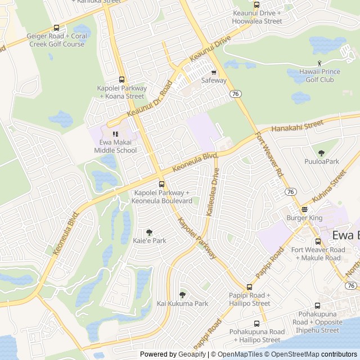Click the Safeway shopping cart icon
tap(214, 72)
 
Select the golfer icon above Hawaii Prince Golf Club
tap(319, 63)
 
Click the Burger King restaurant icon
tap(304, 209)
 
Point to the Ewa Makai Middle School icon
tap(115, 134)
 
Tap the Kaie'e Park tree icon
tap(149, 232)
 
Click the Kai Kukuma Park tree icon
tap(182, 295)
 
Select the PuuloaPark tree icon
tap(321, 153)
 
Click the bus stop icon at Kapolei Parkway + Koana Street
tap(121, 80)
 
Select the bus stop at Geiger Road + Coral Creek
tap(56, 28)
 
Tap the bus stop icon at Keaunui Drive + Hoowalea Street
tap(257, 4)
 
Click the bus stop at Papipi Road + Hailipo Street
tap(250, 287)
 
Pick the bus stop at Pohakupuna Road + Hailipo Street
tap(257, 323)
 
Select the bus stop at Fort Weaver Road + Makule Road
tap(318, 241)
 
